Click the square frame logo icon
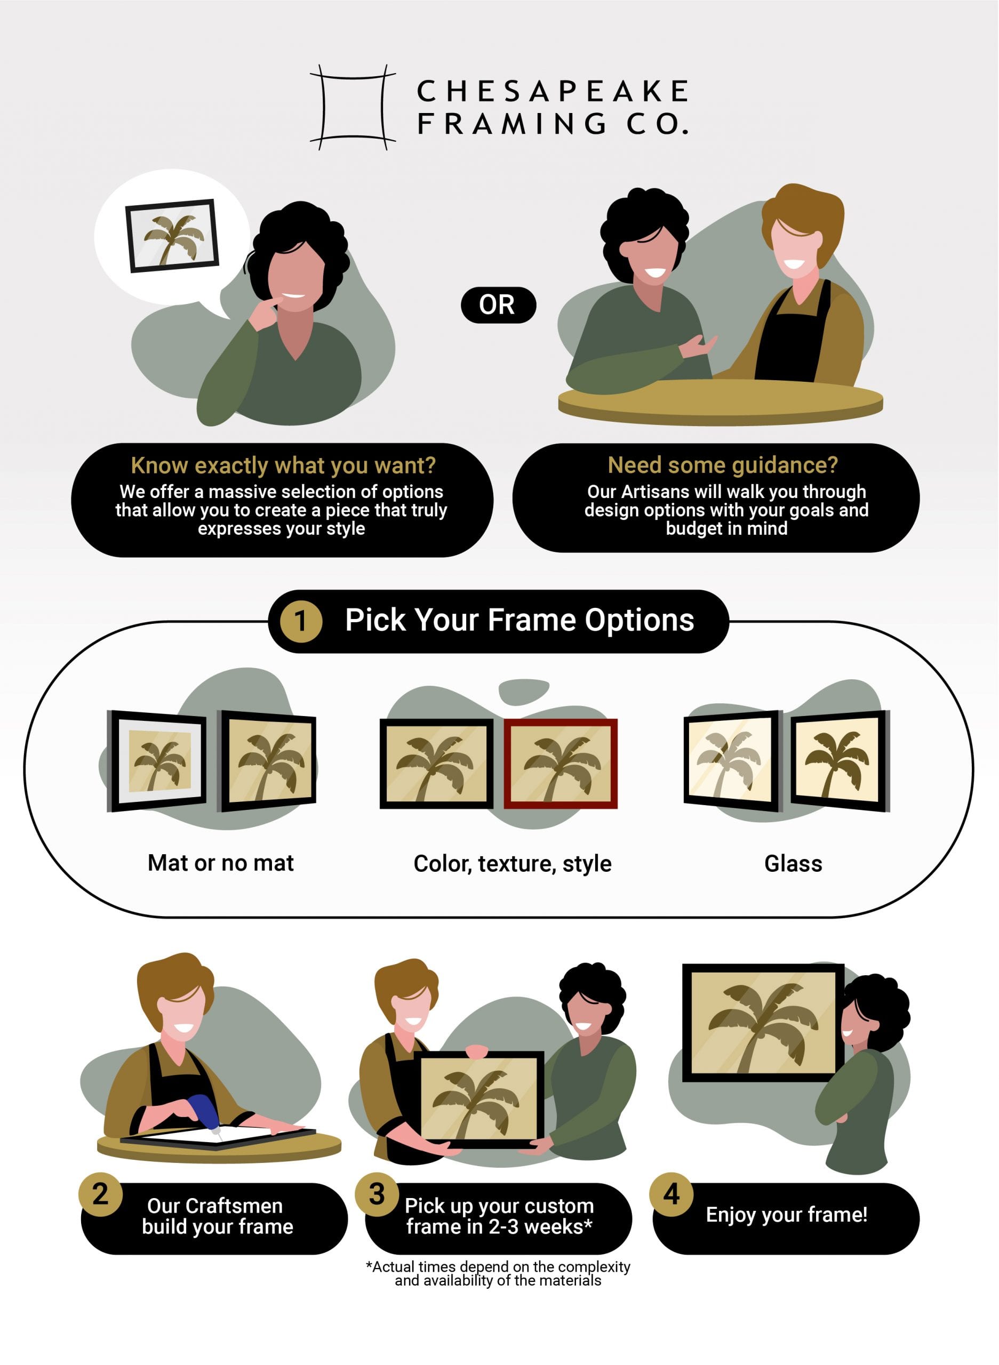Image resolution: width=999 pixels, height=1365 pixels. [x=353, y=108]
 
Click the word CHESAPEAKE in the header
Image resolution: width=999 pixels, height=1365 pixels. [x=552, y=91]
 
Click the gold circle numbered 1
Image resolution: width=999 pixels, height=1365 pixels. [x=300, y=621]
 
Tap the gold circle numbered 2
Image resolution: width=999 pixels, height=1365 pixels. [x=100, y=1194]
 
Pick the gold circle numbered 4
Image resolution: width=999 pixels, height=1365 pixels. [x=671, y=1194]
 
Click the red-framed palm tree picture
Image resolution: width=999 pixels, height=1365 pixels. [x=561, y=763]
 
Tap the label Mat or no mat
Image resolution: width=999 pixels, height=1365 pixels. [x=221, y=863]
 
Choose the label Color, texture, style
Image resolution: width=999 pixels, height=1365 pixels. [x=512, y=863]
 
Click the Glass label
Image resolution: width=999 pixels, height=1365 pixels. [x=793, y=863]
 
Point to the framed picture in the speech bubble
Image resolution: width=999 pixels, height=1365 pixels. [x=172, y=236]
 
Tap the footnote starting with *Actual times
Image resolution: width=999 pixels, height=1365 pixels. [x=498, y=1273]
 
